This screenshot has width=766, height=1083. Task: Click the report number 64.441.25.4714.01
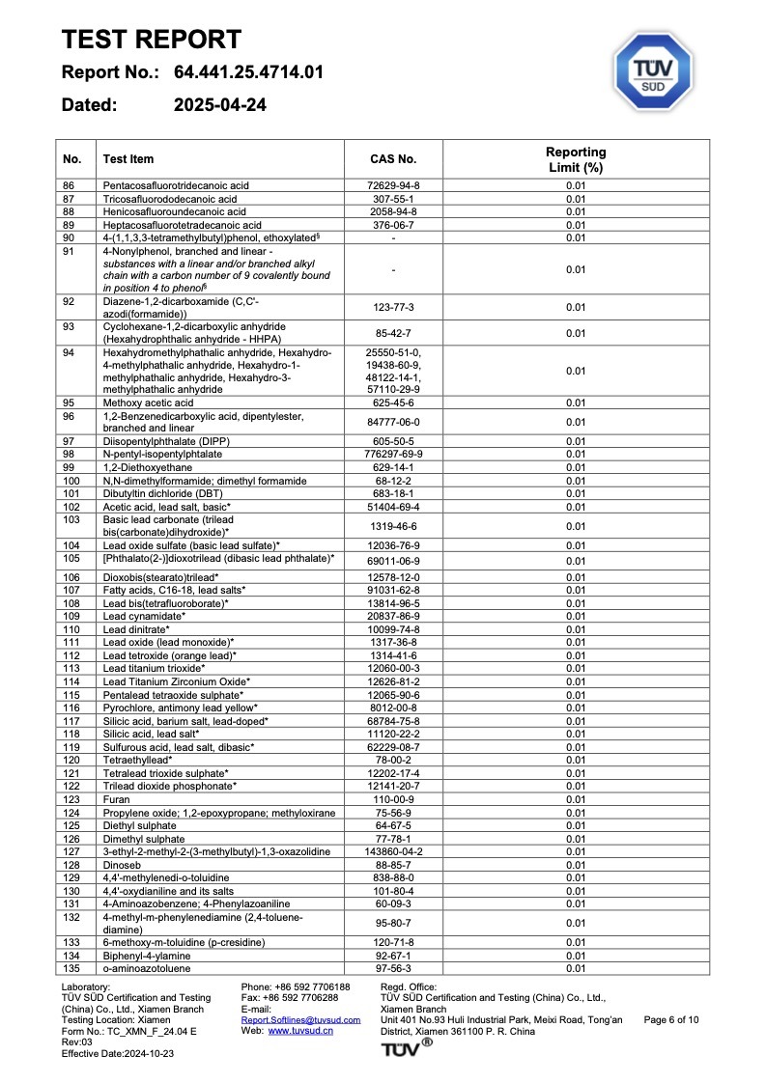click(248, 72)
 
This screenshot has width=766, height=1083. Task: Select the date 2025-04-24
click(220, 105)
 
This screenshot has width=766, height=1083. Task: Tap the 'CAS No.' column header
click(393, 159)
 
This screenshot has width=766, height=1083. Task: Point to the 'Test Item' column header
click(128, 159)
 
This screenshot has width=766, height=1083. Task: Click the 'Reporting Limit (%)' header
click(576, 159)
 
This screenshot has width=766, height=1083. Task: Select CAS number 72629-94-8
click(393, 185)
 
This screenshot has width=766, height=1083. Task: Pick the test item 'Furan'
click(116, 799)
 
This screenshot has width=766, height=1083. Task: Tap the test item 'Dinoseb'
click(123, 864)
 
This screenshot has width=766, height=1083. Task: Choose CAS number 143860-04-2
click(393, 851)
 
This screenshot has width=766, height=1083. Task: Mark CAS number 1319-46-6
click(393, 526)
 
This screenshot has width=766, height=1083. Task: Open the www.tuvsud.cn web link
click(300, 1031)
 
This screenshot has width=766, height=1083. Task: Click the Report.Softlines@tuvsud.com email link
click(300, 1019)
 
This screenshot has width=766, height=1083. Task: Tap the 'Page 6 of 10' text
click(670, 1019)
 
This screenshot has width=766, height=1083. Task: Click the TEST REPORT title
click(152, 40)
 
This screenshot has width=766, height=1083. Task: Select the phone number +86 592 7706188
click(296, 986)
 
